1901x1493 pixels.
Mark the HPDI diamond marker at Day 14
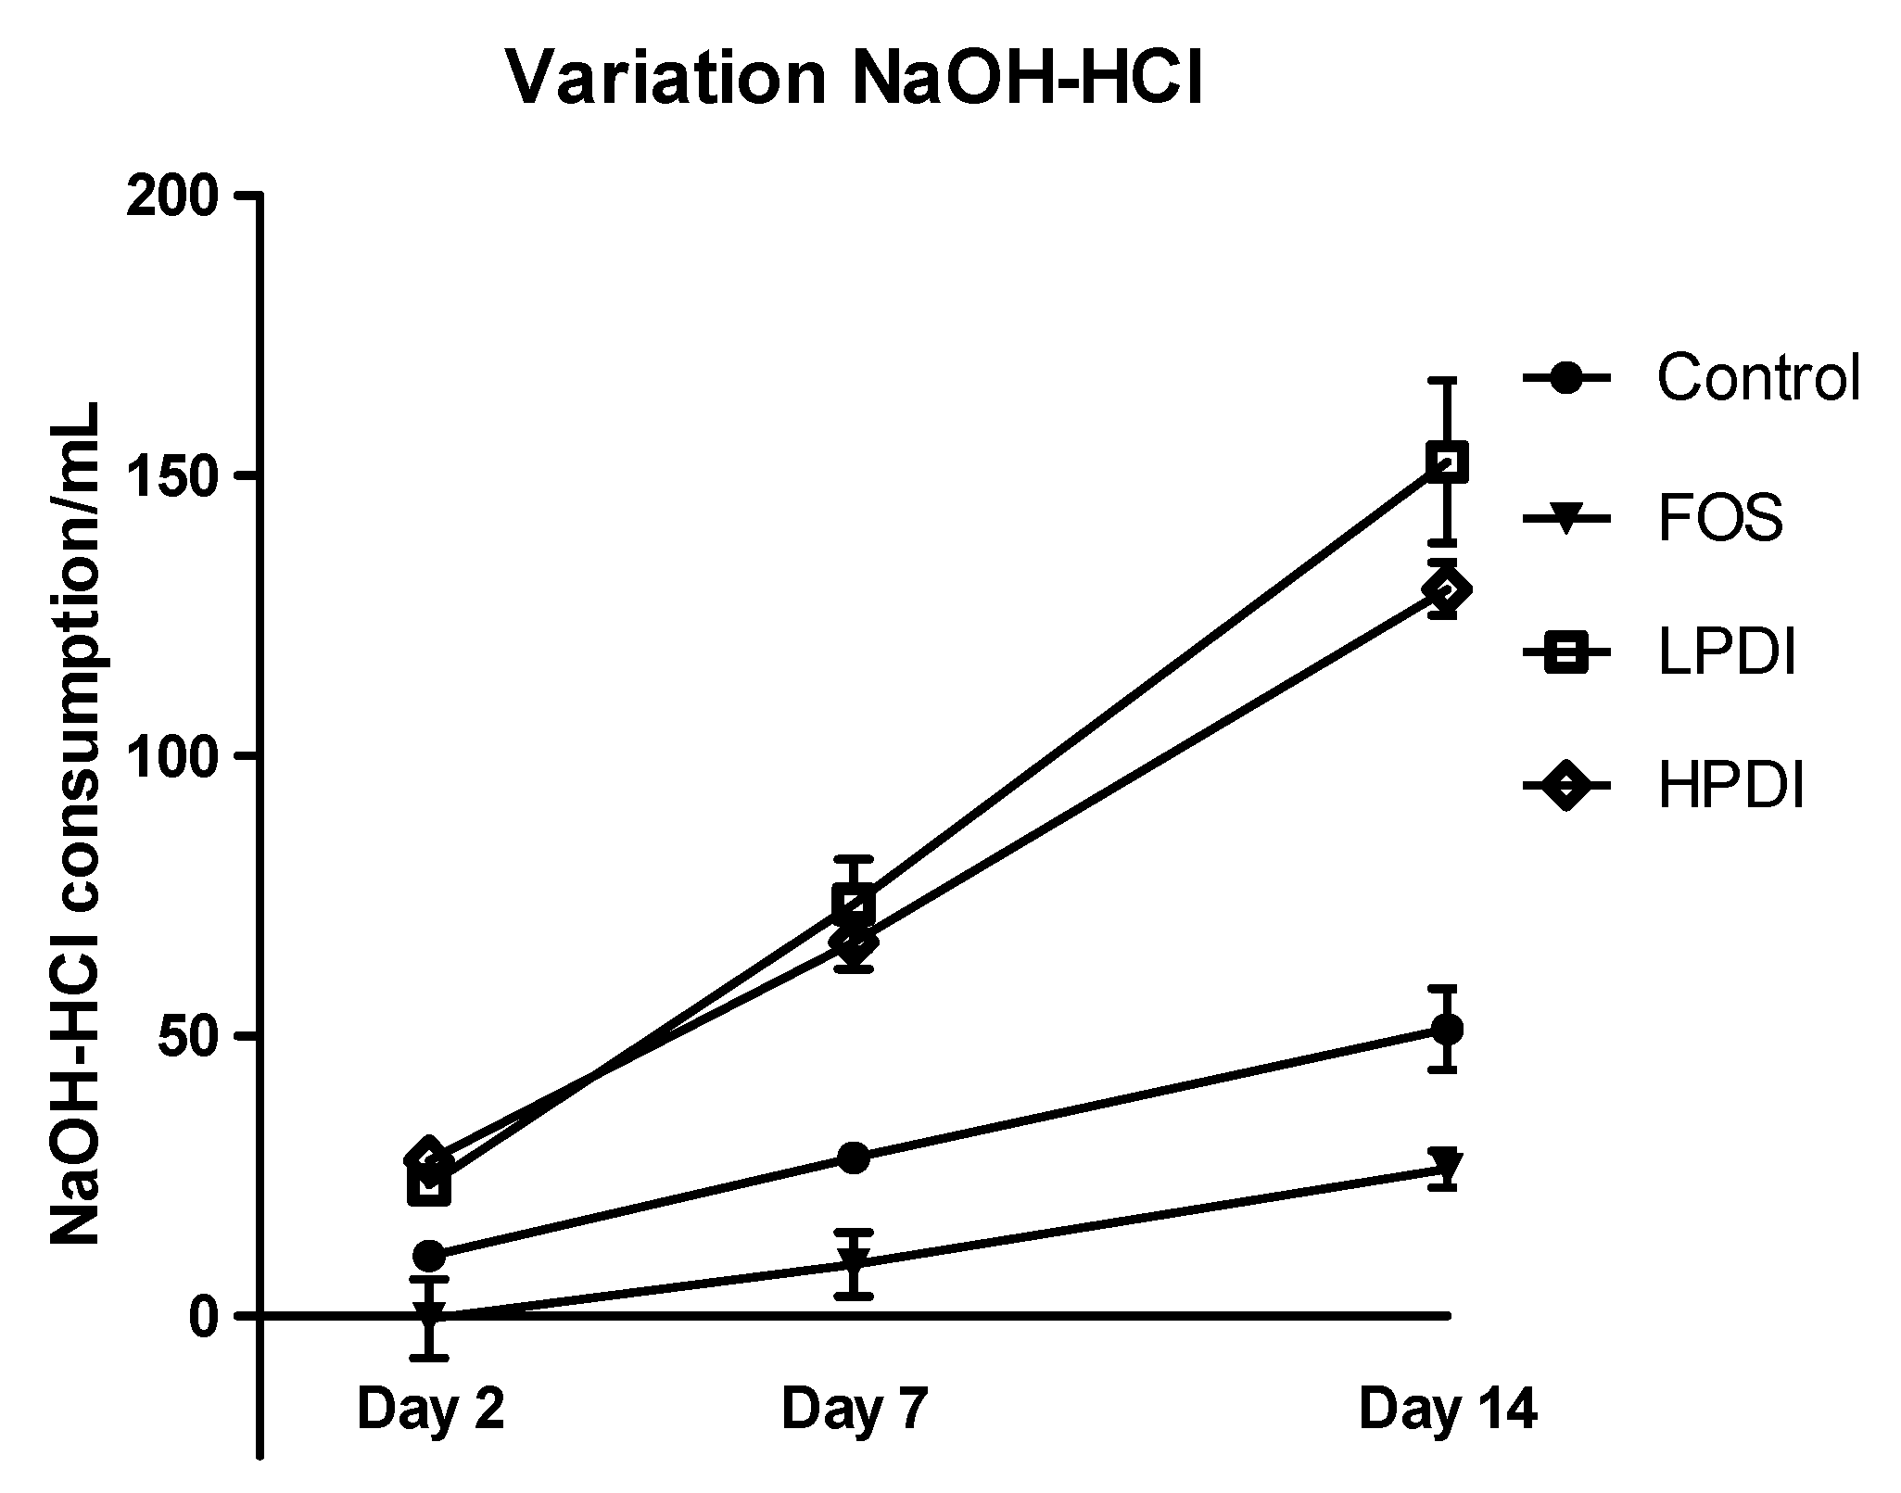[1447, 589]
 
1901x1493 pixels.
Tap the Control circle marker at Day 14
[1447, 1030]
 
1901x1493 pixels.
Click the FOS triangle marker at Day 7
[854, 1262]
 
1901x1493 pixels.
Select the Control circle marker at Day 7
[854, 1158]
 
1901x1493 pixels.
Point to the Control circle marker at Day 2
[429, 1256]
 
